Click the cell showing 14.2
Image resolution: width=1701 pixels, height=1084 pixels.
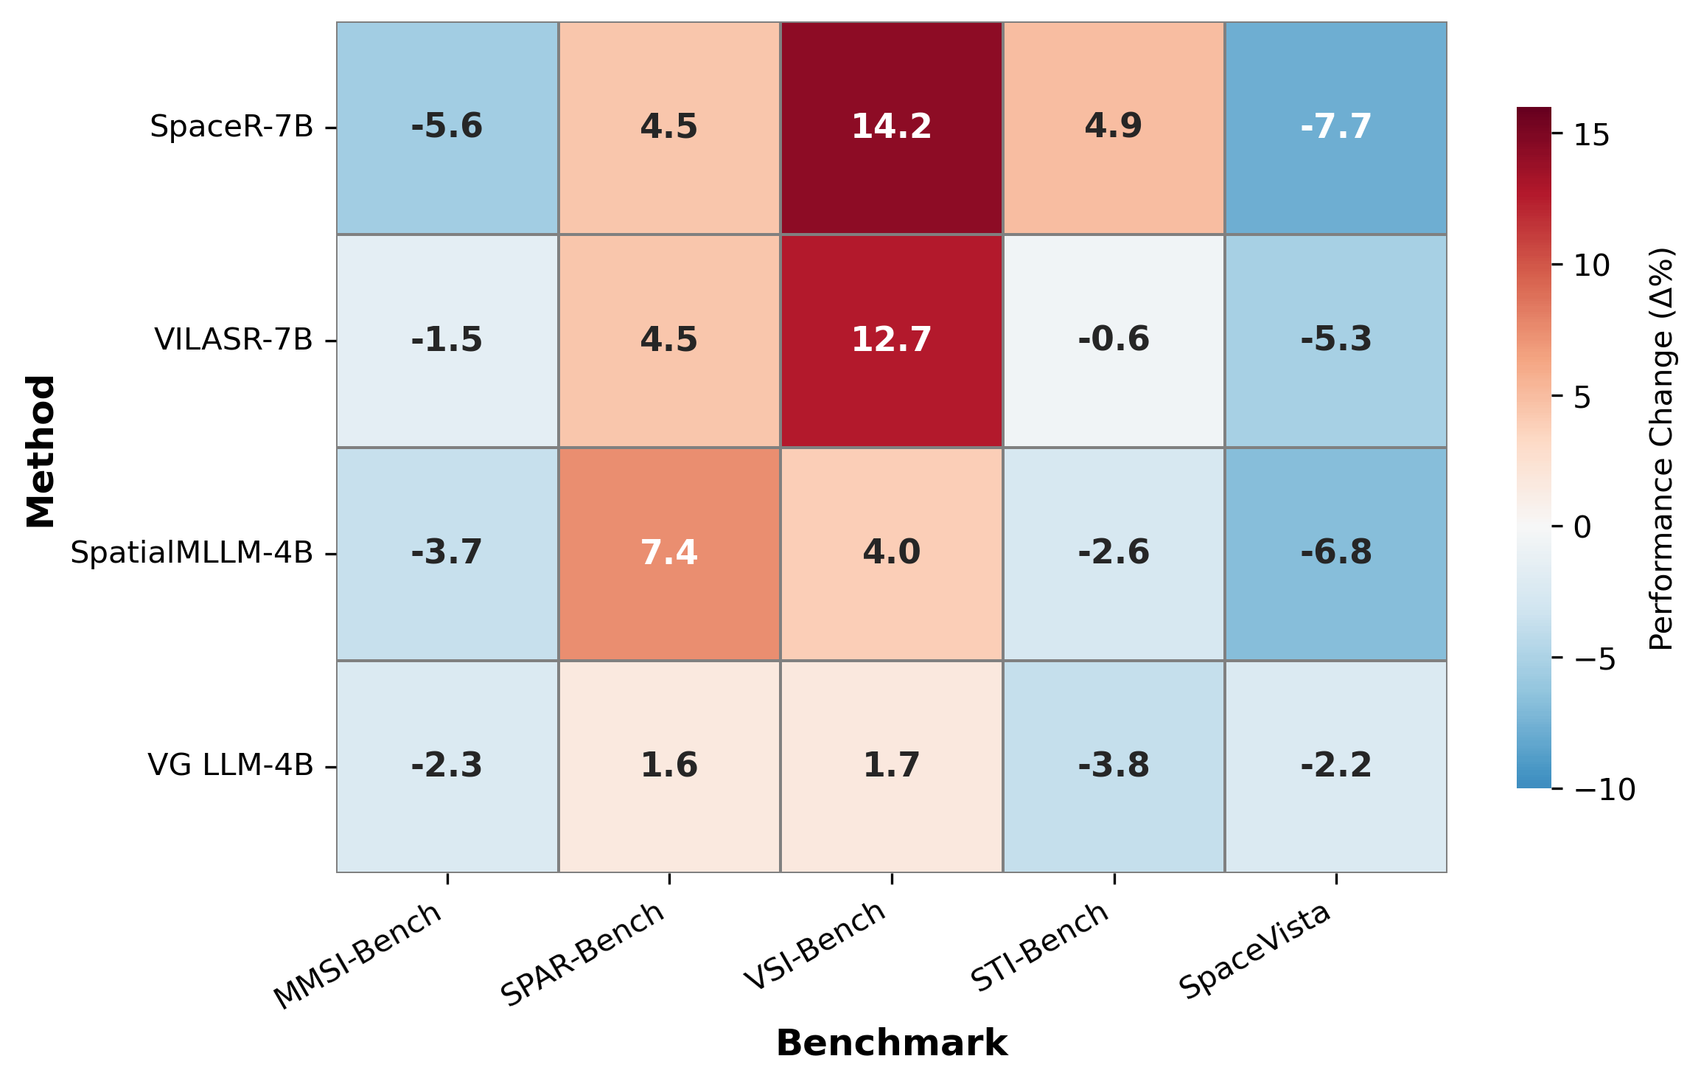coord(891,127)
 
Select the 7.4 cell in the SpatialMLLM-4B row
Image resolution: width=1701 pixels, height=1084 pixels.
coord(669,553)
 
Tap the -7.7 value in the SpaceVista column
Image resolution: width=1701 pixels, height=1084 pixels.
coord(1335,127)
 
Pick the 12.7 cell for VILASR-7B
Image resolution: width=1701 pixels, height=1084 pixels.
coord(891,340)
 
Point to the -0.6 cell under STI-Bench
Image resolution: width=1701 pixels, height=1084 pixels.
coord(1113,340)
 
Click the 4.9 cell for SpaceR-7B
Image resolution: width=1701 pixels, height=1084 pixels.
coord(1113,127)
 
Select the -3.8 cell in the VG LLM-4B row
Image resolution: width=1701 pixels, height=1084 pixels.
coord(1113,765)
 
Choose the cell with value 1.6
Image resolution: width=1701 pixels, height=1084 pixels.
coord(669,765)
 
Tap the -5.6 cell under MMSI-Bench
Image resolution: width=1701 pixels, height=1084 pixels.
coord(447,127)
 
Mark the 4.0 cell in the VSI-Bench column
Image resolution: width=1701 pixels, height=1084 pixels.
coord(891,553)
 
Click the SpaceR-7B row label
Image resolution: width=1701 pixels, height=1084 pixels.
coord(231,127)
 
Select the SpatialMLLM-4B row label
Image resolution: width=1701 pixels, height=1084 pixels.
coord(192,553)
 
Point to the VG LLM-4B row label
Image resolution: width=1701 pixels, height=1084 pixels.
coord(231,765)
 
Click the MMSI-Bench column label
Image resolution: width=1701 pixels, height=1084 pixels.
coord(358,956)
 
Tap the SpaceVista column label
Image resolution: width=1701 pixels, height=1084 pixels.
coord(1254,951)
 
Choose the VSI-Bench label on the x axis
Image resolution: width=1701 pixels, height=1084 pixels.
coord(814,947)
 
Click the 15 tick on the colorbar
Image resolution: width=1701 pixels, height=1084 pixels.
coord(1591,136)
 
